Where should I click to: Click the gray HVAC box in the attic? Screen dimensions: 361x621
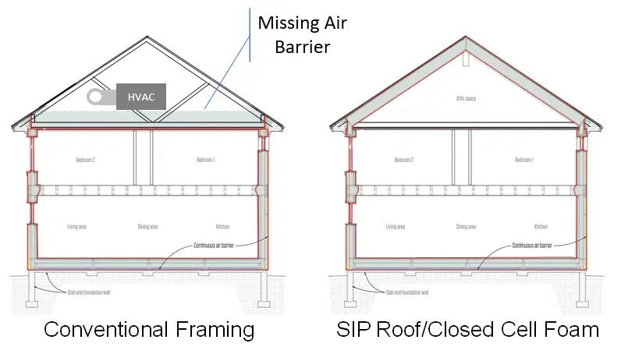pos(140,98)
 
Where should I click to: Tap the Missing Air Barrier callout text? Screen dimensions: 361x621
pos(302,34)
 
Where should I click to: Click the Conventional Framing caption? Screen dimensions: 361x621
pos(148,329)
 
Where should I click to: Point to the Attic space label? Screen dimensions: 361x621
pos(466,99)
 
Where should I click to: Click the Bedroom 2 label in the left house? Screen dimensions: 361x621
pos(86,160)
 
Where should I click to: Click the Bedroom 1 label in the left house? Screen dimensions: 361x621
pos(205,160)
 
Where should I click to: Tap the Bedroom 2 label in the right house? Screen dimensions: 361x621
pos(403,160)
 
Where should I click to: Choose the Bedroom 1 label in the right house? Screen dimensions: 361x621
pos(523,160)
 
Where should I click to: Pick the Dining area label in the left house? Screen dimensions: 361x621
pos(147,227)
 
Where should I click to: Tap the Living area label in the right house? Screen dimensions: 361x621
pos(396,227)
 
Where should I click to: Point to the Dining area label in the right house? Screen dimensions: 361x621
pos(467,227)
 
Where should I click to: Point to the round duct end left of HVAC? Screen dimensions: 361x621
pos(96,97)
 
